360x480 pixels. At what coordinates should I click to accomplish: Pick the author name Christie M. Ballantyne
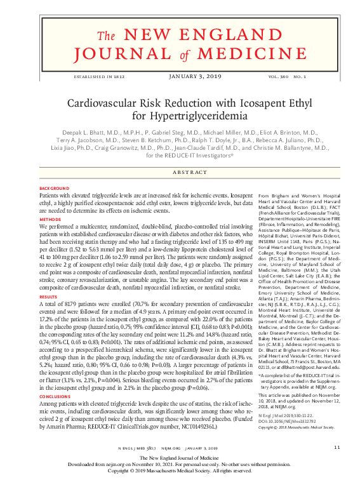274,147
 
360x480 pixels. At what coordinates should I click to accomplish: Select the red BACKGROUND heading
53,189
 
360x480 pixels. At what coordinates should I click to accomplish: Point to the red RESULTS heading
48,278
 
